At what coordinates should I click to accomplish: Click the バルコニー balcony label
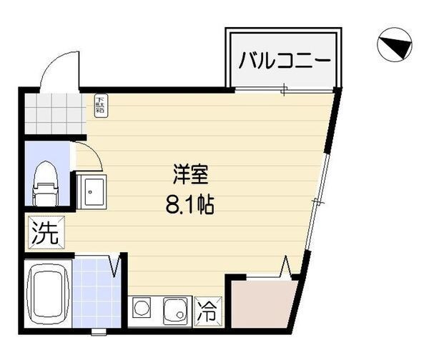[284, 59]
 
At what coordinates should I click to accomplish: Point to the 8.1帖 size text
[190, 206]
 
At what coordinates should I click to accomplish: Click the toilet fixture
[45, 182]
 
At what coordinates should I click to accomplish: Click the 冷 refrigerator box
[208, 311]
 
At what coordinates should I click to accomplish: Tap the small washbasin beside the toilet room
[92, 191]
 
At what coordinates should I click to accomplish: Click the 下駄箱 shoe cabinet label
[100, 106]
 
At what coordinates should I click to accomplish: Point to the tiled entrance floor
[54, 112]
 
